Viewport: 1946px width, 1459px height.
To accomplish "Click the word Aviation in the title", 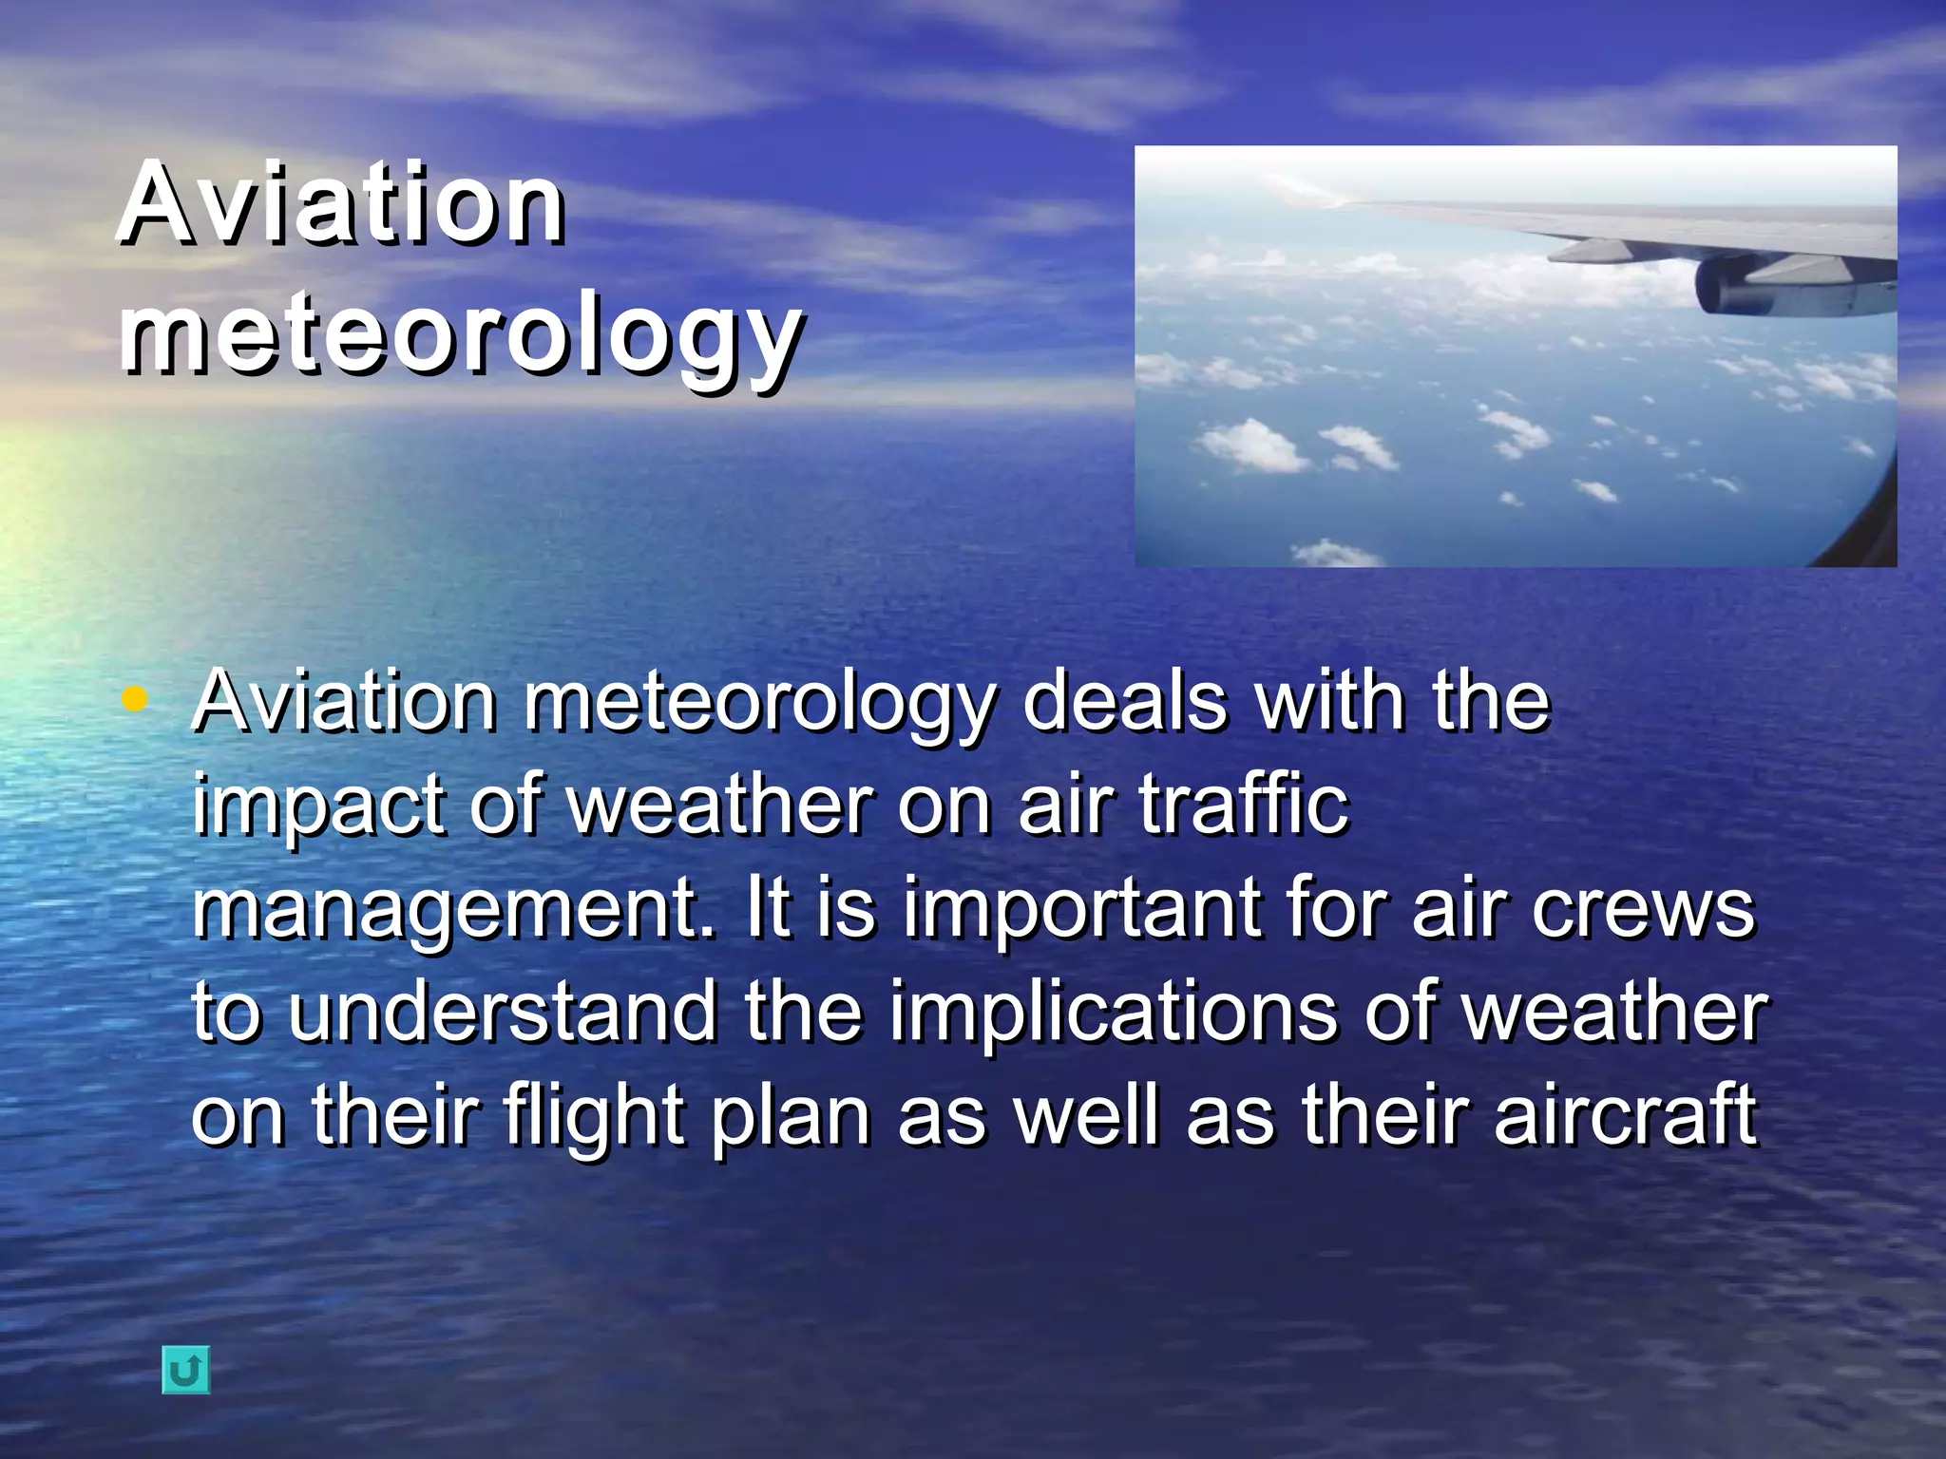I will click(342, 204).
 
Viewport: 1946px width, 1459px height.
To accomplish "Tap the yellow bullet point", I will click(136, 701).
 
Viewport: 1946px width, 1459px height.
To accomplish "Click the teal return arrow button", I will click(185, 1370).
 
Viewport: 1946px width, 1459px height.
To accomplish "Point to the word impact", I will click(319, 805).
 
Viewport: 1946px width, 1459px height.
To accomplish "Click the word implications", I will click(1112, 1013).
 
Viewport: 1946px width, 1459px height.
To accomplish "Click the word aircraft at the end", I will click(1625, 1115).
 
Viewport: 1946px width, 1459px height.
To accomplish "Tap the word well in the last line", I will click(1088, 1115).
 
